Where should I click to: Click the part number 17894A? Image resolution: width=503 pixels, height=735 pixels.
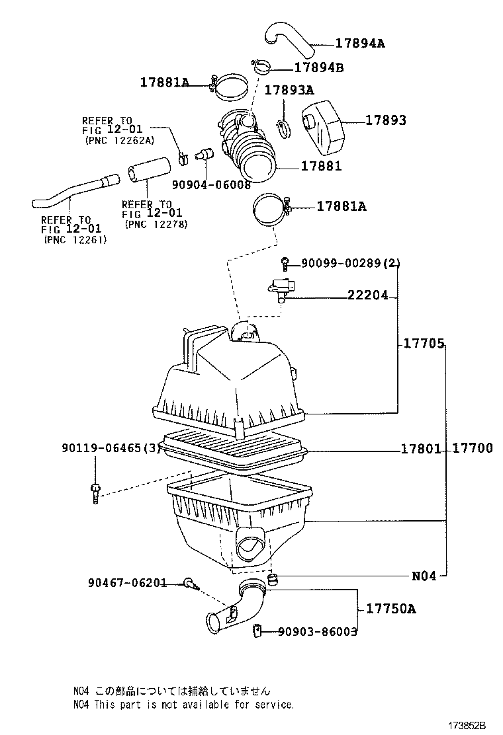[359, 44]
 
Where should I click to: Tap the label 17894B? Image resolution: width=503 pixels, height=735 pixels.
[318, 67]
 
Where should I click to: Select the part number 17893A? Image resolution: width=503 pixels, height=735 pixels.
[289, 90]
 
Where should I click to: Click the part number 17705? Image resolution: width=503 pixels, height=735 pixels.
[422, 344]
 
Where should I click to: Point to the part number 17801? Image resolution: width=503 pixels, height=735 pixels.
[420, 449]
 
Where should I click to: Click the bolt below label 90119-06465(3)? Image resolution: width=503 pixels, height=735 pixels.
[95, 492]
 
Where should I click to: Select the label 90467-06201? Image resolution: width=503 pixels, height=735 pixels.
[126, 583]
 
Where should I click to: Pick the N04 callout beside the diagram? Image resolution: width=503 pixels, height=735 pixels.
[424, 576]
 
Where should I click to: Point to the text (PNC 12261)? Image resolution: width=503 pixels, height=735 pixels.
[75, 239]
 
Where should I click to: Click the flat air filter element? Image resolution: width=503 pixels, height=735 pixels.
[235, 445]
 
